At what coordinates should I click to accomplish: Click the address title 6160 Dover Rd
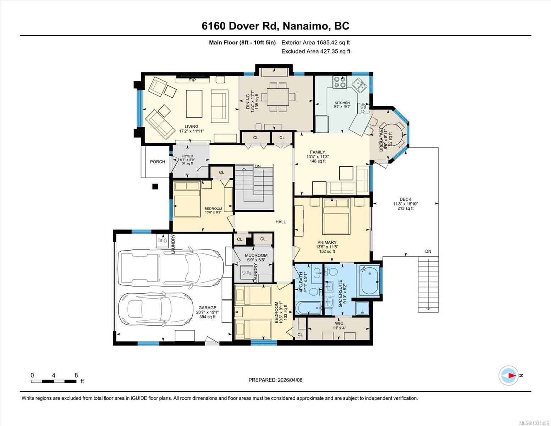click(x=275, y=26)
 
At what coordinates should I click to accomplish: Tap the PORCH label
click(x=157, y=162)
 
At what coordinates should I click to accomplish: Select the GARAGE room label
click(x=207, y=308)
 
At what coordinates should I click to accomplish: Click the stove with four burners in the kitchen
click(x=340, y=82)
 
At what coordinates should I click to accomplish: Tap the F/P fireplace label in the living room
click(x=192, y=80)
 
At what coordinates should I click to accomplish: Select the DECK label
click(x=405, y=199)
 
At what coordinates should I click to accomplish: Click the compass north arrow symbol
click(x=509, y=375)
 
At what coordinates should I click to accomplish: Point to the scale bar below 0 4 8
click(x=54, y=382)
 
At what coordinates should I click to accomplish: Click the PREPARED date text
click(x=275, y=380)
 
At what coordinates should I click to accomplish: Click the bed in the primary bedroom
click(x=336, y=217)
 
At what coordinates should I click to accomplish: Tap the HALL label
click(x=281, y=222)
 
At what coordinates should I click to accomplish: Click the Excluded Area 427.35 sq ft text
click(x=316, y=51)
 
